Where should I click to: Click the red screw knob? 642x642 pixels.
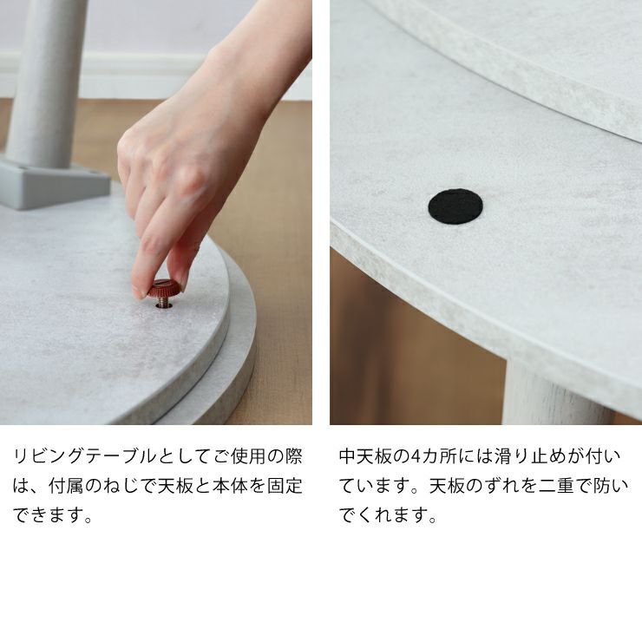point(164,287)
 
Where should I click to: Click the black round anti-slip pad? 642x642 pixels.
point(455,206)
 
